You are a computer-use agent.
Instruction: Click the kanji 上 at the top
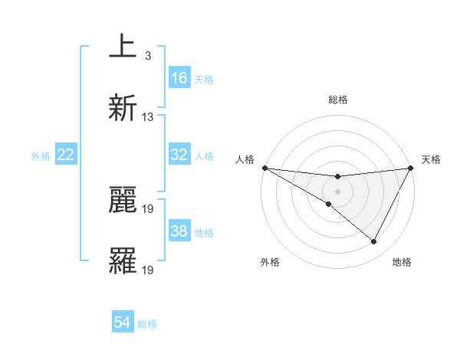[122, 47]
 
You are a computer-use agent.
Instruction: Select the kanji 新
[123, 108]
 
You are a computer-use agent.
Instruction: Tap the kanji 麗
[123, 201]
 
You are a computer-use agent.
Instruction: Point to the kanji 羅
[123, 261]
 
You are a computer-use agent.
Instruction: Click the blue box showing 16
[179, 77]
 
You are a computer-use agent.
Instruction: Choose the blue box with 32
[179, 155]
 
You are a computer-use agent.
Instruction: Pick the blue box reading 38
[179, 231]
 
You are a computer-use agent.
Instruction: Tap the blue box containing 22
[66, 155]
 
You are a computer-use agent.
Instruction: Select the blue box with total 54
[123, 322]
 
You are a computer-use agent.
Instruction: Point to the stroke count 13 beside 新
[148, 116]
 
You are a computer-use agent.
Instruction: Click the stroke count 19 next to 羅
[148, 270]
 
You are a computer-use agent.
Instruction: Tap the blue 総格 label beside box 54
[148, 324]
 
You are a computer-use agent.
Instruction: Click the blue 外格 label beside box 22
[41, 156]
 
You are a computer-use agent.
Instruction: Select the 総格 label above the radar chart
[338, 100]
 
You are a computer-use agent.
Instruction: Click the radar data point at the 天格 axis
[411, 168]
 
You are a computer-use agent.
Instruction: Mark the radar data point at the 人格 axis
[264, 168]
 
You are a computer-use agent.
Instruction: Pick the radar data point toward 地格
[374, 242]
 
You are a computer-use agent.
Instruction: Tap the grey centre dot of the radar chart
[337, 191]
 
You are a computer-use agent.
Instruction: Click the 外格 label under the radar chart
[270, 262]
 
